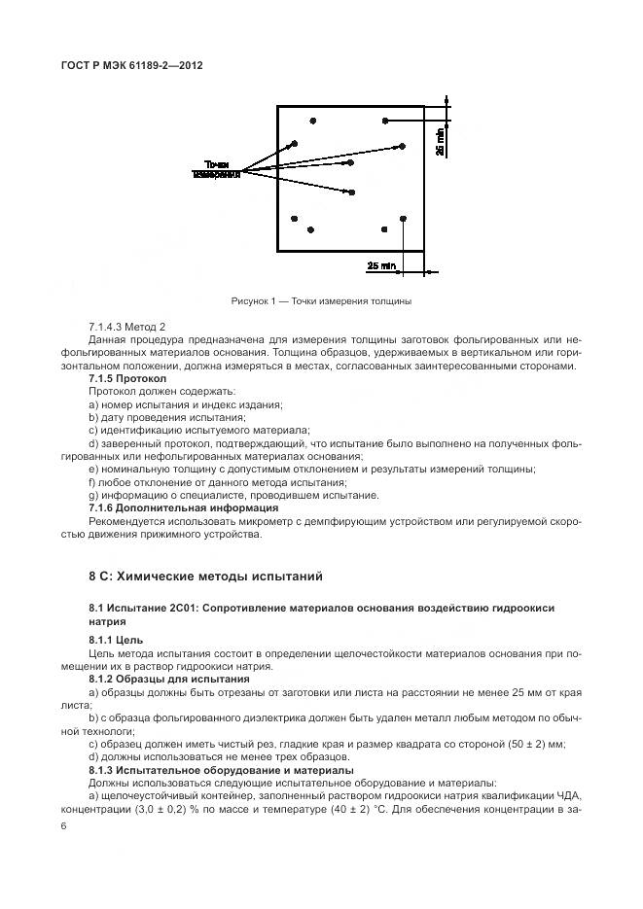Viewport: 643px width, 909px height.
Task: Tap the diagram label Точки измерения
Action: [216, 168]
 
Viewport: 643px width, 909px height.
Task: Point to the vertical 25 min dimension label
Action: [440, 142]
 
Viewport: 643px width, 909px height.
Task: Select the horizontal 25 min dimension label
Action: [381, 264]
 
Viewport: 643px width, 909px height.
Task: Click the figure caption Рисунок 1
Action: [321, 300]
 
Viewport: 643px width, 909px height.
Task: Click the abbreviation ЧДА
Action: [566, 794]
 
